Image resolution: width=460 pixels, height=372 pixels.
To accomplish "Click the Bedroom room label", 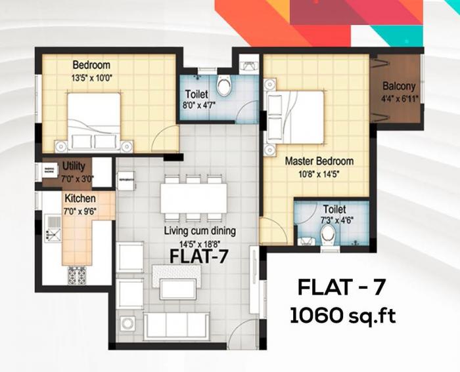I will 91,65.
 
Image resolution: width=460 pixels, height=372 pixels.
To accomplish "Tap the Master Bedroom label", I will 319,161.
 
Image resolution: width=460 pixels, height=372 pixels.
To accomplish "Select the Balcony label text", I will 399,86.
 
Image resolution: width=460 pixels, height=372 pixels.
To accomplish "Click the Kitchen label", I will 80,198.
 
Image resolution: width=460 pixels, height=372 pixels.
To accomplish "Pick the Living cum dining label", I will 200,231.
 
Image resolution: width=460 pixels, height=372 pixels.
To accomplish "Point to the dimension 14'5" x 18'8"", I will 199,242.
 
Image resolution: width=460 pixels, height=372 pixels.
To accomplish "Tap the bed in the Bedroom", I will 93,121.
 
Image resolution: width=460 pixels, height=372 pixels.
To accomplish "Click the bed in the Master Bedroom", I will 295,117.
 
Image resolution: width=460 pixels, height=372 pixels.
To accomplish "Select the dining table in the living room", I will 193,197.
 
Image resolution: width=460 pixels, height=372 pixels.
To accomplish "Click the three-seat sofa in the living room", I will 176,325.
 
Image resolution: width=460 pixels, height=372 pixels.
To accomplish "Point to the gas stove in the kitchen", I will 77,276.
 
